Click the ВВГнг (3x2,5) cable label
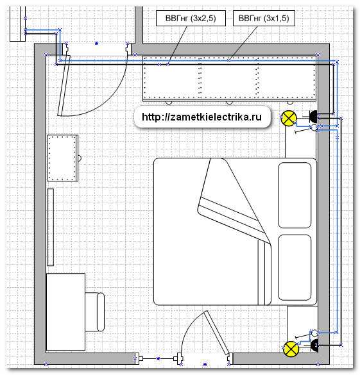coord(191,18)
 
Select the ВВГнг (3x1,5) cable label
coord(264,18)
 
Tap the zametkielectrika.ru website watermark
coord(201,117)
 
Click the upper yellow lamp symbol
coord(289,118)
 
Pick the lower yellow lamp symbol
coord(291,349)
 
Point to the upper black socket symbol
coord(313,117)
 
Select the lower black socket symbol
coord(314,345)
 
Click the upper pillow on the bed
coord(295,195)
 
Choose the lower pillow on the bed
coord(295,267)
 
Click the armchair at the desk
coord(95,312)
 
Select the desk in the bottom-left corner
coord(65,312)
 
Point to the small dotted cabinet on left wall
coord(62,158)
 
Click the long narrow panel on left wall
coord(50,227)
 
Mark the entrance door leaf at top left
coord(64,85)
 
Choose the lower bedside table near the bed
coord(302,323)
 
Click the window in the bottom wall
coord(158,359)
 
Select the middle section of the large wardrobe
coord(229,78)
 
